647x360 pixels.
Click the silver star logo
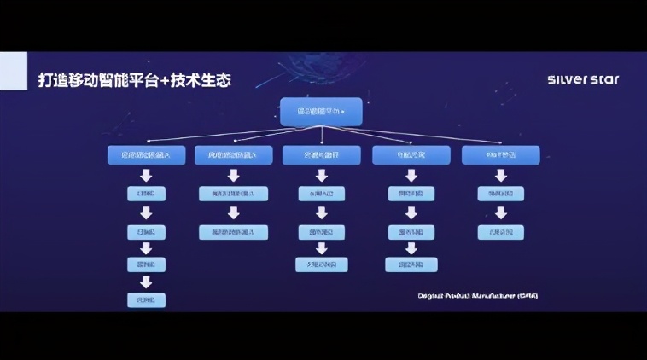(x=583, y=80)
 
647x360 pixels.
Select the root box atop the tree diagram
(x=321, y=112)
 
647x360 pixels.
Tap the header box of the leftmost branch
(x=146, y=154)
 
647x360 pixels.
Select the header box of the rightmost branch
(x=500, y=154)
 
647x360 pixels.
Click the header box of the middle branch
(x=321, y=154)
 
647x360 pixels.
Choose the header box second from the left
(x=233, y=154)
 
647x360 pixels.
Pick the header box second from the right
(x=411, y=154)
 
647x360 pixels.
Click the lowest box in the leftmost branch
(x=146, y=299)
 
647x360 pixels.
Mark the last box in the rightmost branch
(x=500, y=232)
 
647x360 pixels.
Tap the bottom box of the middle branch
(x=321, y=264)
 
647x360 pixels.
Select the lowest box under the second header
(x=233, y=232)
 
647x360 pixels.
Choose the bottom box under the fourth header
(x=411, y=264)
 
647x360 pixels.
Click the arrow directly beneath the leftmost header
(x=146, y=175)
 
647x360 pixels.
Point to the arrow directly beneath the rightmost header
(x=500, y=175)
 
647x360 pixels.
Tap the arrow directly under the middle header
(x=321, y=175)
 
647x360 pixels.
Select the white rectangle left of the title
(x=12, y=70)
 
